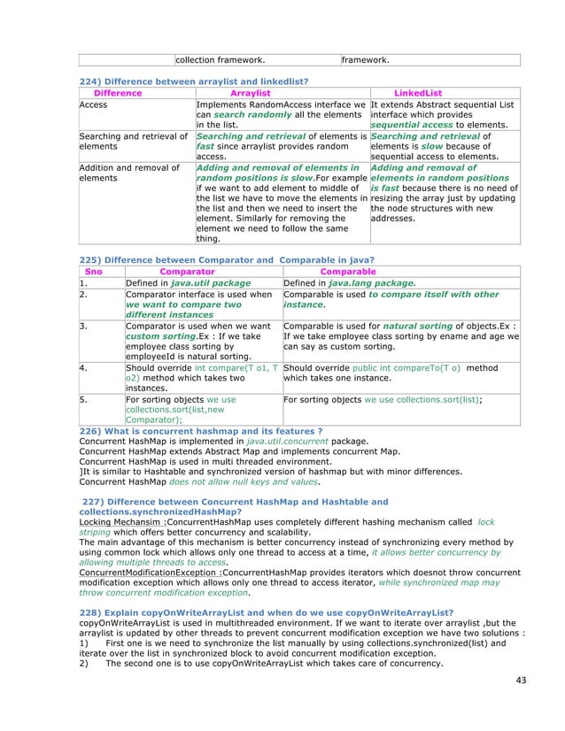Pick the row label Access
92,104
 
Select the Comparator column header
187,272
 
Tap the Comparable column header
347,272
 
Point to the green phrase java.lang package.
367,283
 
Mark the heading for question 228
267,612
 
